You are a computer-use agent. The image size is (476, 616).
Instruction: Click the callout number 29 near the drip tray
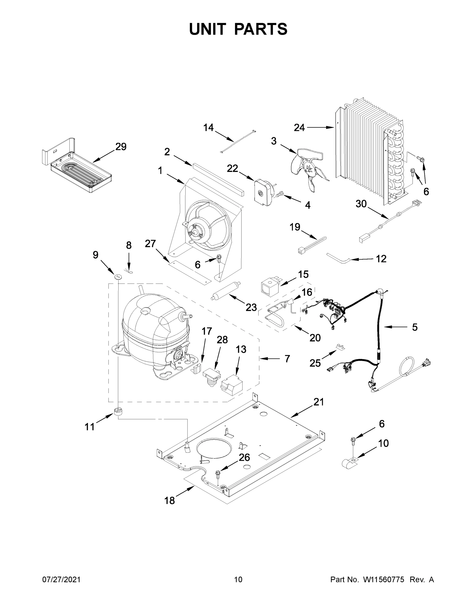(121, 147)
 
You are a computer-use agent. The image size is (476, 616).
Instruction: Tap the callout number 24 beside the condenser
(299, 128)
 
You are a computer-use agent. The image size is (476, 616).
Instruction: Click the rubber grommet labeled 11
(119, 411)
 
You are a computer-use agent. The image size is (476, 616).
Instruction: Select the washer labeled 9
(118, 276)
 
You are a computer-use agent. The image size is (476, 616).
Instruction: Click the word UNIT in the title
(208, 29)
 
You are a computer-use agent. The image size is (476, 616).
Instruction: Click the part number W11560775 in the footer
(384, 580)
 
